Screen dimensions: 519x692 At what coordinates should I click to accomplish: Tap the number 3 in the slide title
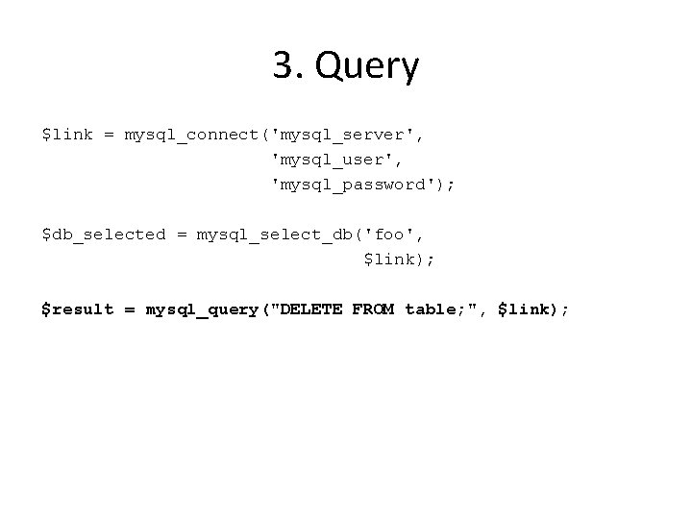pos(283,66)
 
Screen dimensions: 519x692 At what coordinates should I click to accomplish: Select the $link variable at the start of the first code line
pos(66,135)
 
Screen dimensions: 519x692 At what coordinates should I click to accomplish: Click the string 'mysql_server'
pos(348,135)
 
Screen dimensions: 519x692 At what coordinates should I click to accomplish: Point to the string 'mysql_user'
pos(327,160)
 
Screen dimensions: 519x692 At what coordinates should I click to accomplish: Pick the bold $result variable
pos(77,309)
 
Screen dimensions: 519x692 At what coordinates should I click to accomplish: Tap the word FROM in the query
pos(373,309)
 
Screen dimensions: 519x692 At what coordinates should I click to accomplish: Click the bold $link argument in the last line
pos(524,309)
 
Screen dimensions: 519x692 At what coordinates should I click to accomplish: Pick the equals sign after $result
pos(129,309)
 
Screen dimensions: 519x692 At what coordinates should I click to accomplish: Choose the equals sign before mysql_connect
pos(108,135)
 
